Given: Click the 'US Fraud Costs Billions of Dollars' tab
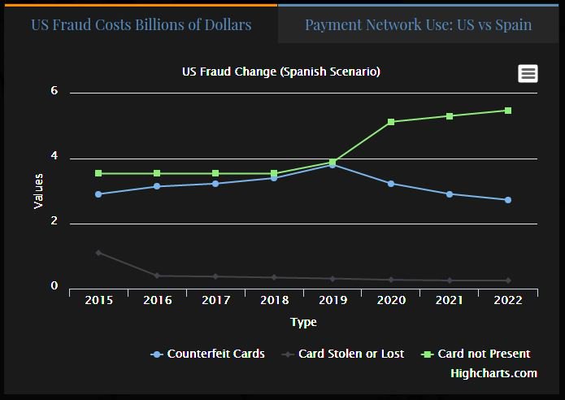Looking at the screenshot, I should pyautogui.click(x=141, y=24).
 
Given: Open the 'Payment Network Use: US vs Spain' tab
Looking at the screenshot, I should pyautogui.click(x=418, y=24).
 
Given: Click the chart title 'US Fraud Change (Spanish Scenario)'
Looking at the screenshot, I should pyautogui.click(x=281, y=72).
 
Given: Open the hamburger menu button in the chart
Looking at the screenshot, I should pyautogui.click(x=528, y=73).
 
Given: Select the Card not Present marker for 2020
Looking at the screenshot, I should pyautogui.click(x=391, y=122).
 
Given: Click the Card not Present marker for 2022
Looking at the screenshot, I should pyautogui.click(x=508, y=111).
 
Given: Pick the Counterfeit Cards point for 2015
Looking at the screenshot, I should pyautogui.click(x=98, y=194).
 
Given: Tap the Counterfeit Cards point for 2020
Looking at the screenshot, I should pyautogui.click(x=391, y=184).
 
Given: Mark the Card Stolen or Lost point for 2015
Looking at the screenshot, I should pyautogui.click(x=98, y=253).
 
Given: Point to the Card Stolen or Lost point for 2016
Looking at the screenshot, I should pyautogui.click(x=157, y=276).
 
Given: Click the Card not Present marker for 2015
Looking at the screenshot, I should pyautogui.click(x=98, y=173).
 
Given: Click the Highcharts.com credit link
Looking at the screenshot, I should pyautogui.click(x=493, y=373).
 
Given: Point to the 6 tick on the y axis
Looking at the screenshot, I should pyautogui.click(x=54, y=91).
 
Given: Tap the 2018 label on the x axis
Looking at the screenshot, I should pyautogui.click(x=274, y=300).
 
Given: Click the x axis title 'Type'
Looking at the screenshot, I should pyautogui.click(x=303, y=322).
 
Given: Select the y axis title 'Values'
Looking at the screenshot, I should pyautogui.click(x=38, y=190).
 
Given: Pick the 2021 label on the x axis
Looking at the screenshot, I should pyautogui.click(x=450, y=300).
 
